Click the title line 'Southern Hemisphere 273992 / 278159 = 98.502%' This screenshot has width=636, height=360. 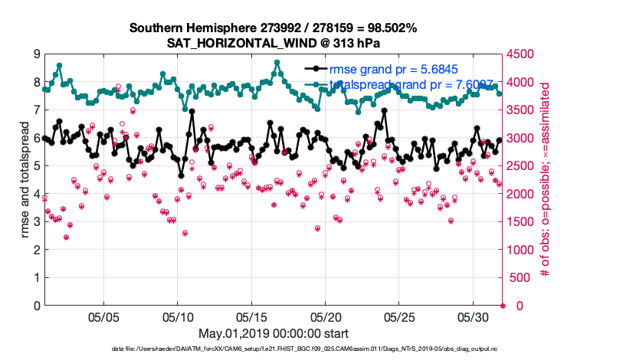pos(273,28)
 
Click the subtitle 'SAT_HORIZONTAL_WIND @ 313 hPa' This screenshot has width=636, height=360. pos(273,43)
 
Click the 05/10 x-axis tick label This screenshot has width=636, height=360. pos(178,316)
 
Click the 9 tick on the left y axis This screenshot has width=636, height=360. pos(36,54)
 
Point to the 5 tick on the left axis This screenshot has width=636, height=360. pos(36,166)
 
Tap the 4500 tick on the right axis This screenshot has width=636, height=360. pos(522,54)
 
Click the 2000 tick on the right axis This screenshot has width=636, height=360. pos(522,194)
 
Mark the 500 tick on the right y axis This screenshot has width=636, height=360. pos(519,278)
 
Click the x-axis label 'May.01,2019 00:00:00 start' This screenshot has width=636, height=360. pos(273,333)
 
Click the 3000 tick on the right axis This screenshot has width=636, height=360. pos(522,138)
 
